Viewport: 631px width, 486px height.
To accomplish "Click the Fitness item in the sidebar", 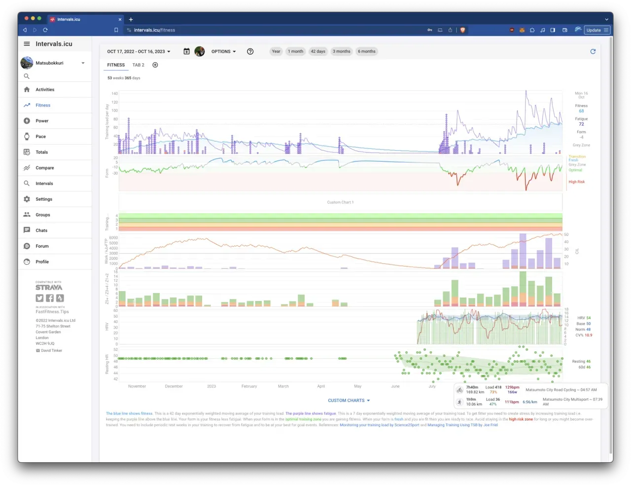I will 42,105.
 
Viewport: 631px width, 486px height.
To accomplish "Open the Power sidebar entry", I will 42,121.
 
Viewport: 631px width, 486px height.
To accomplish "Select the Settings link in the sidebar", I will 43,199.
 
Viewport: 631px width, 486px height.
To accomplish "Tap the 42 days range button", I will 318,51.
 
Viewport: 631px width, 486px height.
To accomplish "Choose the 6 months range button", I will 366,51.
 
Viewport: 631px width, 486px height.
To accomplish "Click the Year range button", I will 276,51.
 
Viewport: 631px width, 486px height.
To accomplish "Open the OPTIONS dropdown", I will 223,51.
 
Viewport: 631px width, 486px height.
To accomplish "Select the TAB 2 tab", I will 139,65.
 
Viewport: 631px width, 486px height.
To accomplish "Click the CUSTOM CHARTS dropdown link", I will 349,401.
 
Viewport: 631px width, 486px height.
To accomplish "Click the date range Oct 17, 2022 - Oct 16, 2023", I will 139,51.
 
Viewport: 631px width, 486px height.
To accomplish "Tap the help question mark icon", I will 250,51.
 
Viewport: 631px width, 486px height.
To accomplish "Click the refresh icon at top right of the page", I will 593,51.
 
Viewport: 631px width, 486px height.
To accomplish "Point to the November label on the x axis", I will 137,386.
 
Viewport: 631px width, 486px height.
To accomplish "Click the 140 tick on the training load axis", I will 114,93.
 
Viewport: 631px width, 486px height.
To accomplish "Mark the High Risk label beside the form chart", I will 576,182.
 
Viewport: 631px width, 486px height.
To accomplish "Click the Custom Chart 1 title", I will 340,202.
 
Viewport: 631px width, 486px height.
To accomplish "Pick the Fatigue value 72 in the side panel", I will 581,124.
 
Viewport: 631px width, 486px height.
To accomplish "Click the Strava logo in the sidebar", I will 49,288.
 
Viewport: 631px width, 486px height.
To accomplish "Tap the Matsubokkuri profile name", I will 49,63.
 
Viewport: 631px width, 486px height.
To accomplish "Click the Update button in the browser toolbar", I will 594,30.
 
